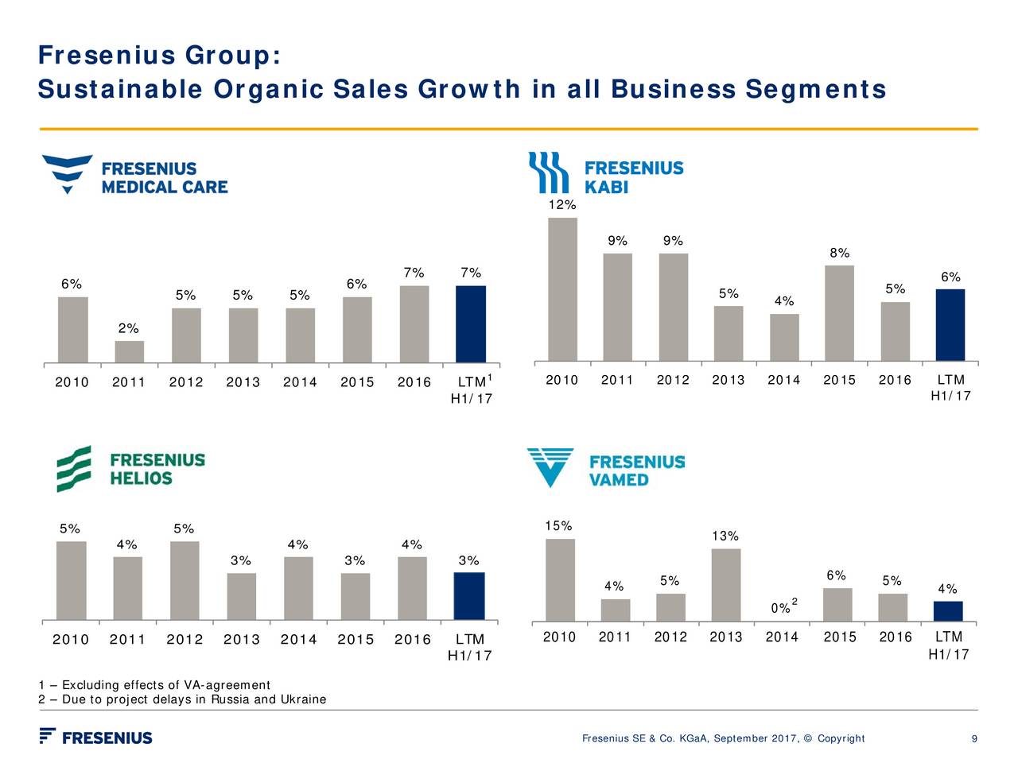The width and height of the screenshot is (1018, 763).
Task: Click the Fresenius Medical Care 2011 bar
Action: [x=129, y=352]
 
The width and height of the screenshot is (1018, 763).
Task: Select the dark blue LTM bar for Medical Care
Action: [x=470, y=324]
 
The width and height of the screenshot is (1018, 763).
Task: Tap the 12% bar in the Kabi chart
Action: [x=562, y=289]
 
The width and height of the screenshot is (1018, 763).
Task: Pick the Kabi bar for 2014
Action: [x=784, y=338]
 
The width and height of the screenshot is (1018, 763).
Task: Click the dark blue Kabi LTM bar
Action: [x=950, y=325]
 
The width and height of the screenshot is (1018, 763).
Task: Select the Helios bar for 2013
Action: [x=241, y=596]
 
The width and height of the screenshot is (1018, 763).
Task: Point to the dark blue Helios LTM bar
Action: [x=468, y=596]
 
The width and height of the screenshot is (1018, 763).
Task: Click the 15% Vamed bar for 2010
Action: [x=560, y=580]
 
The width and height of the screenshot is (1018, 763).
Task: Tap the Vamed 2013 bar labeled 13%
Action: [x=725, y=585]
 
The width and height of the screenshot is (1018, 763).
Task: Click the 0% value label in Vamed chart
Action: [x=780, y=609]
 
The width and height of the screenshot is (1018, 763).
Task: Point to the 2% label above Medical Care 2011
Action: [x=128, y=328]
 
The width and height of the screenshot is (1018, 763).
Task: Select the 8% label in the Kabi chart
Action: [x=839, y=254]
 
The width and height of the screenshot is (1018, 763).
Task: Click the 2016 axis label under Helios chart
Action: [x=412, y=640]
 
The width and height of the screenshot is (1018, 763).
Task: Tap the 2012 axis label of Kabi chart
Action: [x=673, y=380]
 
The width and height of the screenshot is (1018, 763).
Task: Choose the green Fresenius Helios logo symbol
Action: [x=73, y=469]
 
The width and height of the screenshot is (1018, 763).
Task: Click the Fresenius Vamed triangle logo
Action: [x=550, y=467]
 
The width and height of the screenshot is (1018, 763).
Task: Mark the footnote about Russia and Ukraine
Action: [x=182, y=699]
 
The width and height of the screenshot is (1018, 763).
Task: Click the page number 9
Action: [x=974, y=739]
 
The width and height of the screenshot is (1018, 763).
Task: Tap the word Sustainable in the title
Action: [x=119, y=90]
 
